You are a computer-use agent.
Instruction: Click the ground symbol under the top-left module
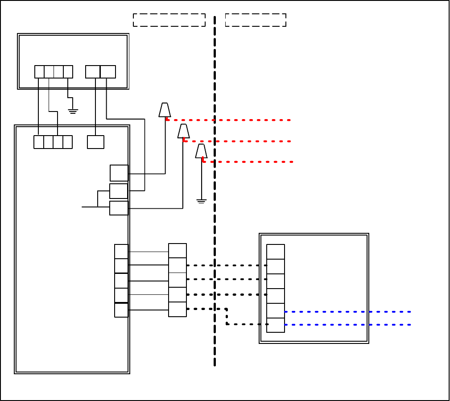click(73, 111)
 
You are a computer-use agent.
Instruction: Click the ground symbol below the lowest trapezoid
click(201, 201)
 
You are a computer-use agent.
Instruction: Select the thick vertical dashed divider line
click(215, 223)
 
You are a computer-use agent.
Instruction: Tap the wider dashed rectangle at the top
click(169, 20)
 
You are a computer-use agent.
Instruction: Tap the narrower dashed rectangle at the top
click(256, 20)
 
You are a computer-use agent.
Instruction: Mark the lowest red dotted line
click(250, 161)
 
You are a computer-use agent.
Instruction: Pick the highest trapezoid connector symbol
click(165, 110)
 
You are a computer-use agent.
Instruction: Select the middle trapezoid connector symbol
click(183, 131)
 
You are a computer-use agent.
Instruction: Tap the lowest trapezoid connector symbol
click(201, 151)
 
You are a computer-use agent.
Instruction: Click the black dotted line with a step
click(227, 316)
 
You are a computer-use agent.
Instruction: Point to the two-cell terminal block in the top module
click(100, 72)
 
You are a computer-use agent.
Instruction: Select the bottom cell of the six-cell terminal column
click(276, 325)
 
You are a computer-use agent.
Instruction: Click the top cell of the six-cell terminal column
click(276, 252)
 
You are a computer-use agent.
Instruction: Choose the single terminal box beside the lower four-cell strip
click(95, 142)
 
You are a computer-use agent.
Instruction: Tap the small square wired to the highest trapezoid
click(119, 173)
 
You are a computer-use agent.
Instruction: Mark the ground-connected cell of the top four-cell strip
click(68, 72)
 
